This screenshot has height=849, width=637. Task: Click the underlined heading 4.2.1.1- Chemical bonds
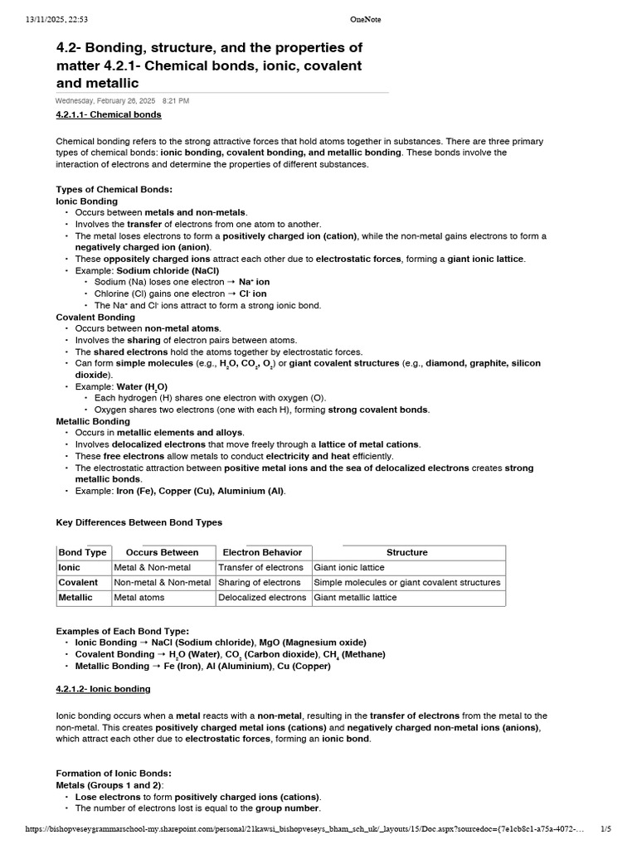[109, 114]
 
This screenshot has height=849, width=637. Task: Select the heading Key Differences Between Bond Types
[139, 522]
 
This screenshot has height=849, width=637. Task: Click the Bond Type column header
[82, 552]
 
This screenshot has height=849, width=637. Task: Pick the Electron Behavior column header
[262, 552]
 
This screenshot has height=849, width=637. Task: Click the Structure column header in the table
[407, 552]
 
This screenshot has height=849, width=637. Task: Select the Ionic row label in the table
[69, 567]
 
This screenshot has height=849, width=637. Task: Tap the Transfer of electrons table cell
[260, 567]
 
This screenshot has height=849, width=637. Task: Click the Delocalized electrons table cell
[262, 597]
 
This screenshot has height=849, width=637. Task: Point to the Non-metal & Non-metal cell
[163, 582]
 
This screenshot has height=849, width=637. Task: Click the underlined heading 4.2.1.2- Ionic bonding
[103, 689]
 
